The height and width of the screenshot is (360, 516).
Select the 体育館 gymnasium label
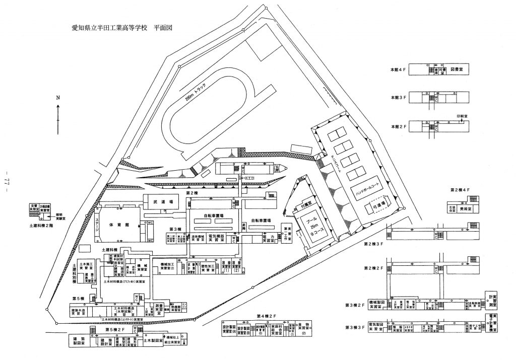[x=124, y=225]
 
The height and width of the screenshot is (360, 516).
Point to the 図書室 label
[x=457, y=68]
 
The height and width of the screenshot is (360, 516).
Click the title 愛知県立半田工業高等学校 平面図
[x=122, y=30]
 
